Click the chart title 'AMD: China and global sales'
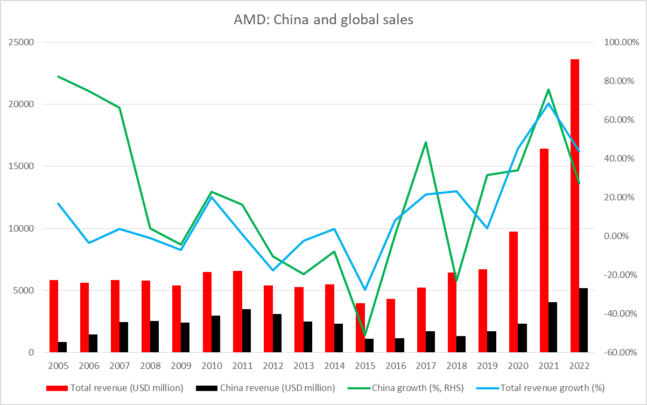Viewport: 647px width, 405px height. point(323,20)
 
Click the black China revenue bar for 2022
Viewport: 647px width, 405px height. point(583,320)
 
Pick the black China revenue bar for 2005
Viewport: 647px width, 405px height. point(62,347)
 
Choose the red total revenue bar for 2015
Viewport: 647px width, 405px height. point(360,328)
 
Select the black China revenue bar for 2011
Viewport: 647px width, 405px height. point(247,331)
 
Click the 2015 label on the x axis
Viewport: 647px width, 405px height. point(365,366)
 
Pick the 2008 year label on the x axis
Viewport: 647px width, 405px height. point(151,366)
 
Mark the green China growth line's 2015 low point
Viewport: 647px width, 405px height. point(365,335)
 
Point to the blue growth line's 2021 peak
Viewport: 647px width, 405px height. point(548,103)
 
